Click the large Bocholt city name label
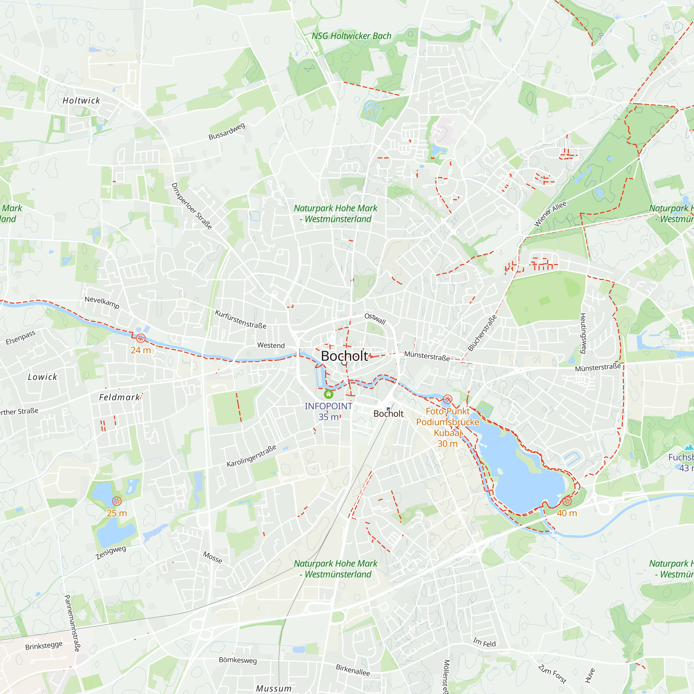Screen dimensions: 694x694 [x=344, y=356]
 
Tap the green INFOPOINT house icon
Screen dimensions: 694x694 [x=328, y=395]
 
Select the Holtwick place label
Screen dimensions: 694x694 [x=81, y=101]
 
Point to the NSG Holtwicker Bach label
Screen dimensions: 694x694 [x=351, y=36]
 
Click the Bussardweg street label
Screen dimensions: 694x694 [x=227, y=131]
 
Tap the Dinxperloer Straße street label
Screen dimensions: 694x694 [x=192, y=206]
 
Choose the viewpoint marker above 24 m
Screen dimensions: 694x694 [x=141, y=338]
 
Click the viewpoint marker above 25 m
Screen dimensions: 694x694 [x=117, y=501]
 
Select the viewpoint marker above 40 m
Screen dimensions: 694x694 [x=567, y=501]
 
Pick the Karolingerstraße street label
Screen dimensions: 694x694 [x=252, y=456]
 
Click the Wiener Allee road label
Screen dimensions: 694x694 [x=550, y=214]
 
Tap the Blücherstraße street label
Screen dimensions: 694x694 [x=482, y=333]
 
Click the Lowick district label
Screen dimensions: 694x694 [x=42, y=377]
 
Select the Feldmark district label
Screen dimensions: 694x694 [x=119, y=397]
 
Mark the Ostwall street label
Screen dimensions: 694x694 [x=375, y=318]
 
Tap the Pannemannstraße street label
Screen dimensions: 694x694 [x=71, y=623]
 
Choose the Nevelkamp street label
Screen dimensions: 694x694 [x=102, y=302]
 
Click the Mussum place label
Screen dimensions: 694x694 [x=274, y=688]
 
